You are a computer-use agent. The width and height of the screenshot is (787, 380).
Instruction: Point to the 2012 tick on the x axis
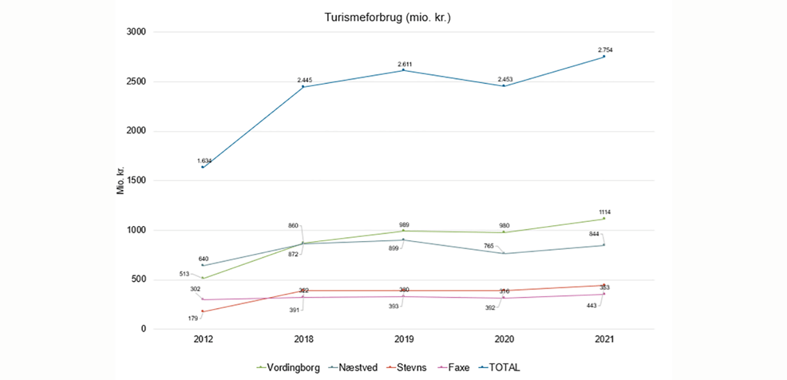click(x=203, y=340)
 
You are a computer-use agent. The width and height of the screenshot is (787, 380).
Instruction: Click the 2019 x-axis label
click(x=403, y=340)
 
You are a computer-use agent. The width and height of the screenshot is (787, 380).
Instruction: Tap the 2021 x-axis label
click(x=604, y=340)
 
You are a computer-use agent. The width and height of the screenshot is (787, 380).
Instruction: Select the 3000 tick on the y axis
click(x=138, y=33)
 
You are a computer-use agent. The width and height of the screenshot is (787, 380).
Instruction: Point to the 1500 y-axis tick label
click(x=138, y=181)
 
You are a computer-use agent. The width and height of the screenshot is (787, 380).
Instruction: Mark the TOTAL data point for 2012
click(x=203, y=167)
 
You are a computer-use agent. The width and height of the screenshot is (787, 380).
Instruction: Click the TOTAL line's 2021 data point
click(x=604, y=56)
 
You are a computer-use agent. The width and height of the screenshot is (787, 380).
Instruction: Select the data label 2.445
click(x=304, y=80)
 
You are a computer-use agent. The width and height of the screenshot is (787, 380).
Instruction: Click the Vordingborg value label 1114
click(x=604, y=212)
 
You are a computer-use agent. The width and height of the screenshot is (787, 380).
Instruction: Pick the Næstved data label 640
click(x=203, y=259)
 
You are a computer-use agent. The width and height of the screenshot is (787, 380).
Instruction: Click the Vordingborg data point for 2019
click(x=403, y=231)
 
